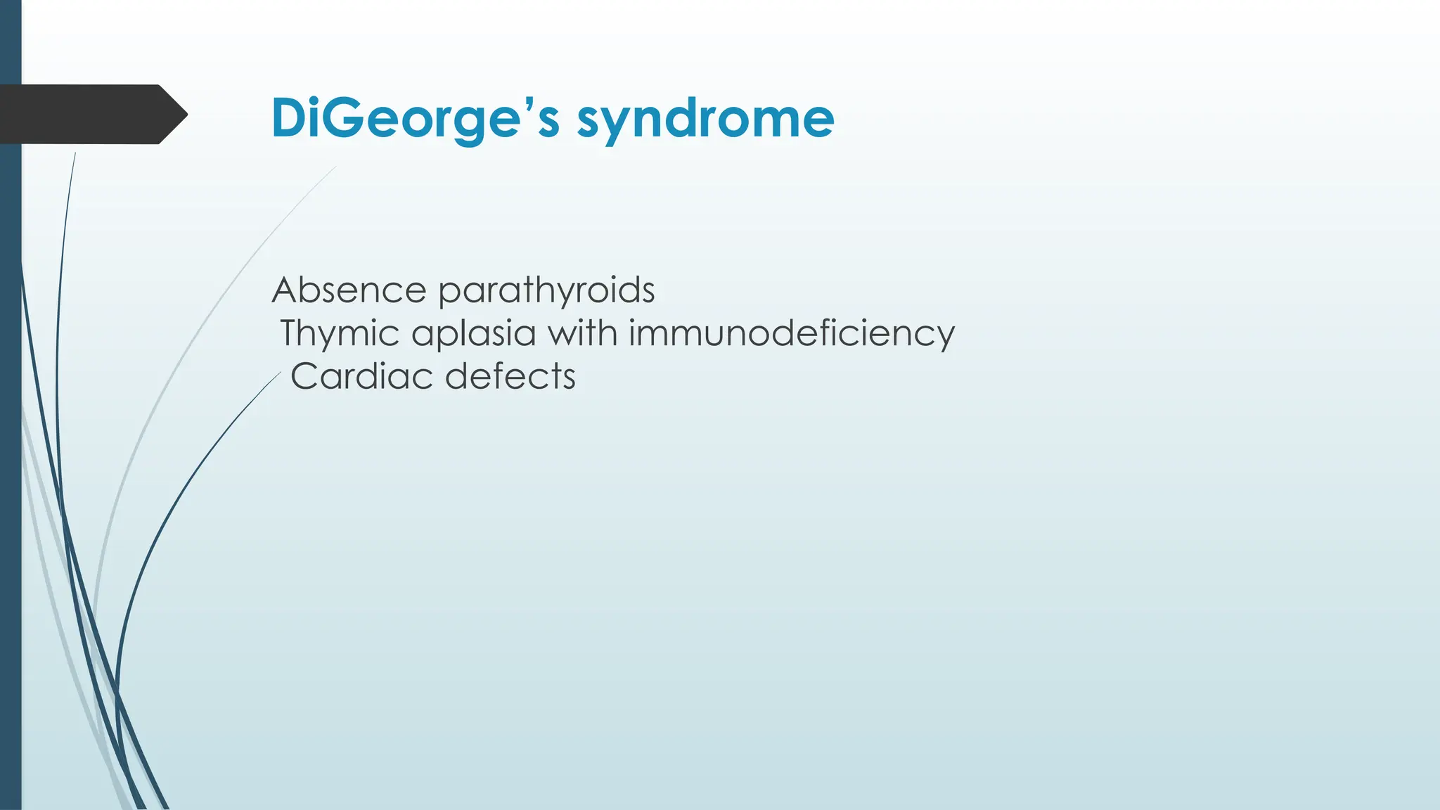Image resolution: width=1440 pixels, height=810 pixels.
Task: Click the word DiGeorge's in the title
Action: click(415, 118)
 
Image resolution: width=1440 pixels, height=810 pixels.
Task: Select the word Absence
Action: click(349, 290)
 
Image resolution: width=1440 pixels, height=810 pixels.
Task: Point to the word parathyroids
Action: click(546, 291)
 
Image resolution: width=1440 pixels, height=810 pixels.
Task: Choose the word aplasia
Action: click(473, 334)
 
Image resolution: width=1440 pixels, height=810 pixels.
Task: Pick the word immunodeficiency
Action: click(791, 333)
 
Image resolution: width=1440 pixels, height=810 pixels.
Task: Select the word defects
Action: click(510, 376)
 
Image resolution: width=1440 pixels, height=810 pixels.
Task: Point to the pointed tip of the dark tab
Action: click(185, 114)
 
